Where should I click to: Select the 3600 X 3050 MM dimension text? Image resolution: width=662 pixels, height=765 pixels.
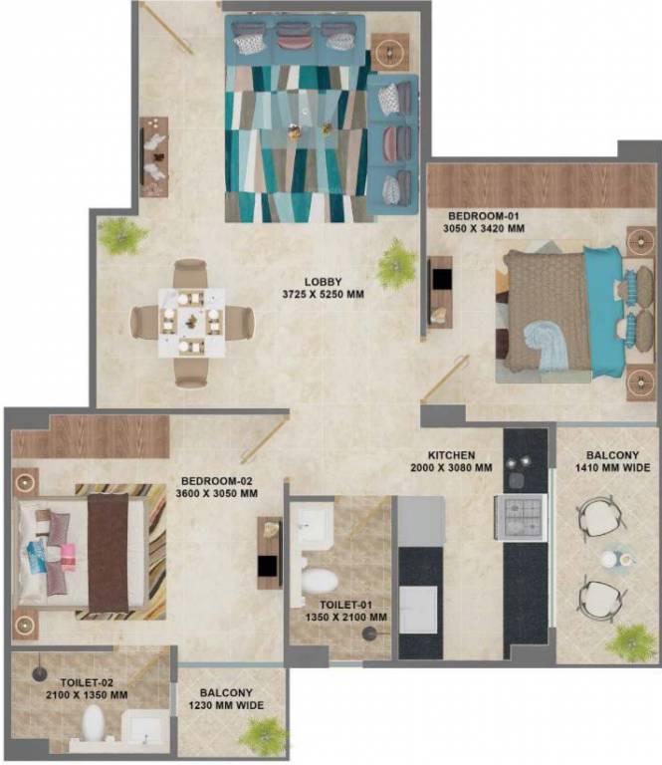coord(216,493)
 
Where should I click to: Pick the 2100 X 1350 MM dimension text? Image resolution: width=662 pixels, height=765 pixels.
coord(84,695)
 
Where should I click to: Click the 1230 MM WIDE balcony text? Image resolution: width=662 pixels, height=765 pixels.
coord(226,706)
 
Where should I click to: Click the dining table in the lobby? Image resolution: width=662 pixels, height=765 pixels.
coord(191,322)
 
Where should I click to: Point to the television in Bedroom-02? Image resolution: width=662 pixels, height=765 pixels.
coord(269,565)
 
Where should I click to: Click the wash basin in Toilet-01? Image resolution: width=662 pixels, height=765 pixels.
coord(308,525)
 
